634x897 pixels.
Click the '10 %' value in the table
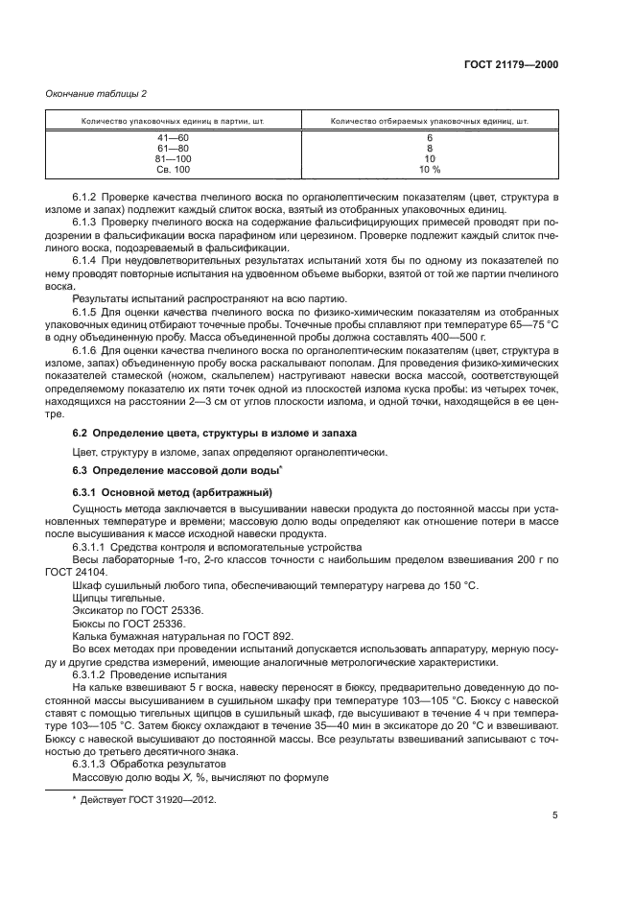pyautogui.click(x=429, y=169)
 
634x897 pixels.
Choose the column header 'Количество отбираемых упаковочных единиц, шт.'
pyautogui.click(x=429, y=122)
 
